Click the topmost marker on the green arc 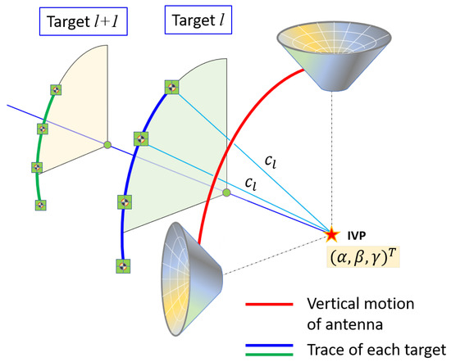tap(56, 89)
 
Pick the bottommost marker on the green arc tap(39, 205)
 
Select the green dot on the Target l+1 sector tap(107, 145)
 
